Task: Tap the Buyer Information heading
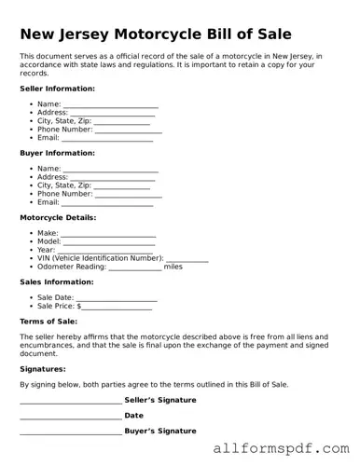tap(57, 153)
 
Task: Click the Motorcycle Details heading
tap(60, 217)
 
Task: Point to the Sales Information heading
tap(56, 281)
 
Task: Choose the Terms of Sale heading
tap(48, 321)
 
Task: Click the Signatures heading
tap(42, 369)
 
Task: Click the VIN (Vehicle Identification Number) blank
tap(187, 259)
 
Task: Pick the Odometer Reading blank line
tap(134, 267)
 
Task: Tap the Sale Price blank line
tap(117, 307)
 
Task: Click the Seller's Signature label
tap(159, 400)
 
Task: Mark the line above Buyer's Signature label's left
tap(70, 433)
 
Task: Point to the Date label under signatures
tap(133, 416)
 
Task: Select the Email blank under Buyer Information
tap(107, 203)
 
